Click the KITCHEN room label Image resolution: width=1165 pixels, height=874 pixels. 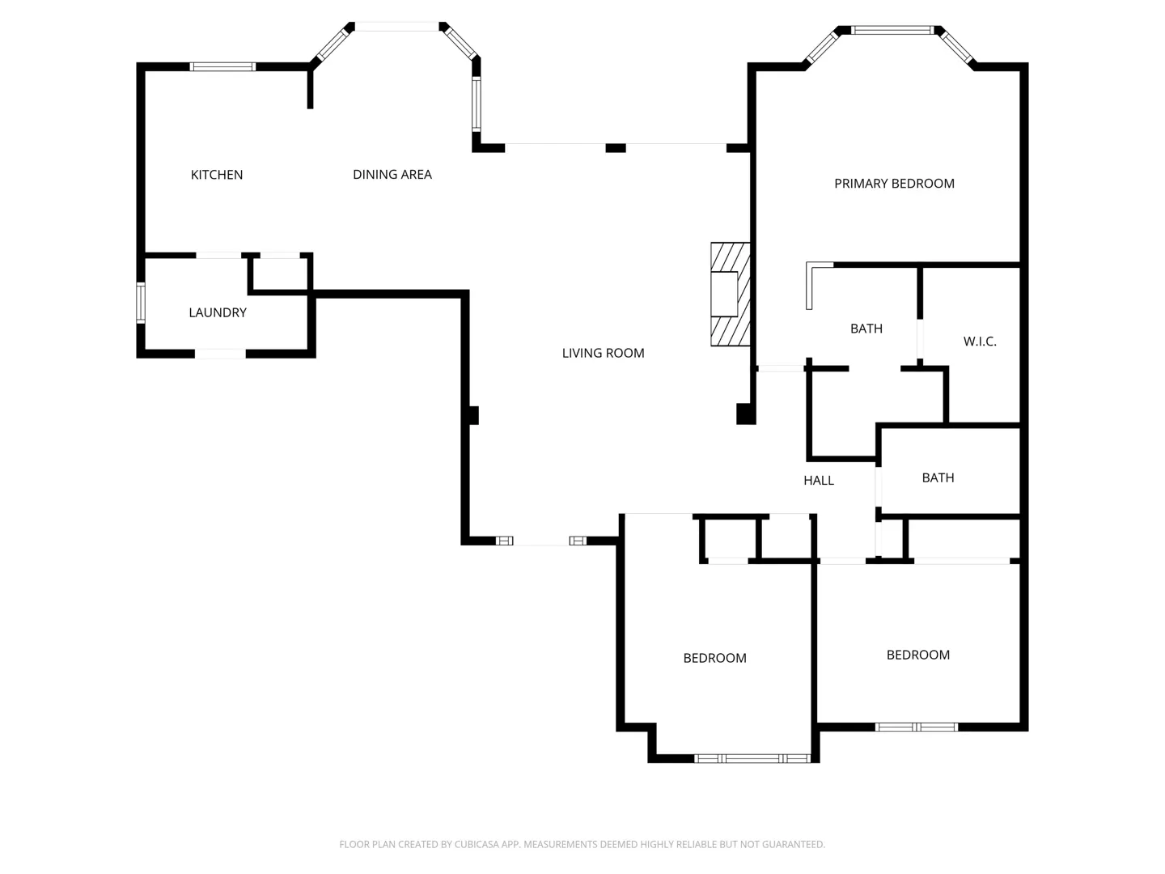point(217,175)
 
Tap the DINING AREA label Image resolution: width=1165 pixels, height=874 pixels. point(392,174)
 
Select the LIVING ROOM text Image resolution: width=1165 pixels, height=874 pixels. point(603,353)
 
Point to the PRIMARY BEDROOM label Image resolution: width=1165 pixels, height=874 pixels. point(894,184)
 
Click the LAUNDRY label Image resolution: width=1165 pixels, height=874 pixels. point(218,312)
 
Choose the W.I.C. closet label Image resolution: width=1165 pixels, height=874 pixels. point(980,342)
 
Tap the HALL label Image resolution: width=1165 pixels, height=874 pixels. point(819,480)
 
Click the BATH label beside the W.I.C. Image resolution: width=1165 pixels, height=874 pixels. point(866,329)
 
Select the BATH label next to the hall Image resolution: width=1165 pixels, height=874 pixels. point(938,477)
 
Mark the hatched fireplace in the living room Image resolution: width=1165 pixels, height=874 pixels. point(731,295)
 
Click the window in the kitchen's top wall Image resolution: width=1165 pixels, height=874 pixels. point(222,67)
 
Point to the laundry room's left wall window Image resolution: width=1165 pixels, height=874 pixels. point(141,303)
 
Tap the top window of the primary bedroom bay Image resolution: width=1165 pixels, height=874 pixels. point(892,30)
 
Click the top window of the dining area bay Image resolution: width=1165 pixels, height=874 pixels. point(397,27)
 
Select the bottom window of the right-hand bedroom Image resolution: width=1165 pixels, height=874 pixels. point(916,727)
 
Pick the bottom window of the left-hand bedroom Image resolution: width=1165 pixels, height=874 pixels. point(752,759)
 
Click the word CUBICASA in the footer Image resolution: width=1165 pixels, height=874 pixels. point(477,844)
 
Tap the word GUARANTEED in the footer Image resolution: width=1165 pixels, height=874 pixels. point(794,844)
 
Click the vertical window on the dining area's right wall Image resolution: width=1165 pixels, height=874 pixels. point(477,104)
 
